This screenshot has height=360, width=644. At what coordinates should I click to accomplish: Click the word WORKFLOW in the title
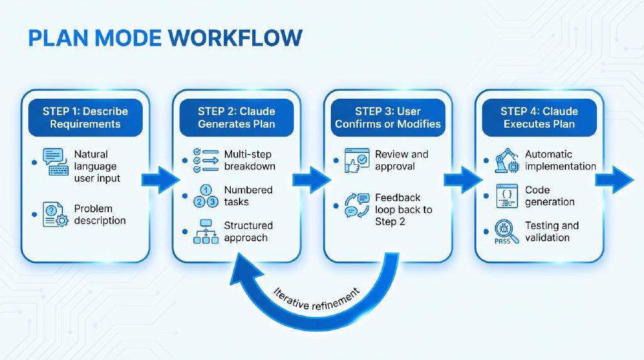[235, 38]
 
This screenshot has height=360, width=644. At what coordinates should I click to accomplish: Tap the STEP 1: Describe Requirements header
[86, 118]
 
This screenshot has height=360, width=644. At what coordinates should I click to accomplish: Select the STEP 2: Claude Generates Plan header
[236, 118]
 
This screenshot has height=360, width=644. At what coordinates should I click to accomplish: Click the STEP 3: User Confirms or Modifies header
[387, 118]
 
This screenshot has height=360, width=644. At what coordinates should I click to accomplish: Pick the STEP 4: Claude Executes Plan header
[539, 118]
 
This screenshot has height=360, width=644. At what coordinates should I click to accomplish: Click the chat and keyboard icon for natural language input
[55, 162]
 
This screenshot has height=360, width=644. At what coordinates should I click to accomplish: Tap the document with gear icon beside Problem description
[55, 215]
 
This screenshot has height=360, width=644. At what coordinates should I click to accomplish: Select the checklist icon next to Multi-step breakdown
[206, 160]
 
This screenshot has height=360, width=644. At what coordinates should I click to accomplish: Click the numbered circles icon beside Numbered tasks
[206, 196]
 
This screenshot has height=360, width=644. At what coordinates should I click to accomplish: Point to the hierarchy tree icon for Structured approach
[206, 232]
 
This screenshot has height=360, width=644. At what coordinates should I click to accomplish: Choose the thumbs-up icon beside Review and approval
[357, 160]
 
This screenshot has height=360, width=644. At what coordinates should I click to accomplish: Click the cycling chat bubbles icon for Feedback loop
[357, 205]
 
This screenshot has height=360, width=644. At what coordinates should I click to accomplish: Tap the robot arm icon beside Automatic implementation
[508, 160]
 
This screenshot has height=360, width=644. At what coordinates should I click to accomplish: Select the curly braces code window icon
[508, 196]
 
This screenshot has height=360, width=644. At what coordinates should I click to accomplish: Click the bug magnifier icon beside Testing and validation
[507, 232]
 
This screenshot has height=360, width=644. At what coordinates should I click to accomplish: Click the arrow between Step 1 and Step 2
[160, 179]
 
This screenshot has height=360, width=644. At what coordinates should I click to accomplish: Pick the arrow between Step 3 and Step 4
[463, 179]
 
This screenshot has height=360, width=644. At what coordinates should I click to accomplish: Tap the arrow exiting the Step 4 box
[614, 179]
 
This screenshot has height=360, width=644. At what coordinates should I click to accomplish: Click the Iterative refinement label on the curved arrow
[317, 299]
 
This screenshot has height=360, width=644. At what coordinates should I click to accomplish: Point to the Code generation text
[550, 196]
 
